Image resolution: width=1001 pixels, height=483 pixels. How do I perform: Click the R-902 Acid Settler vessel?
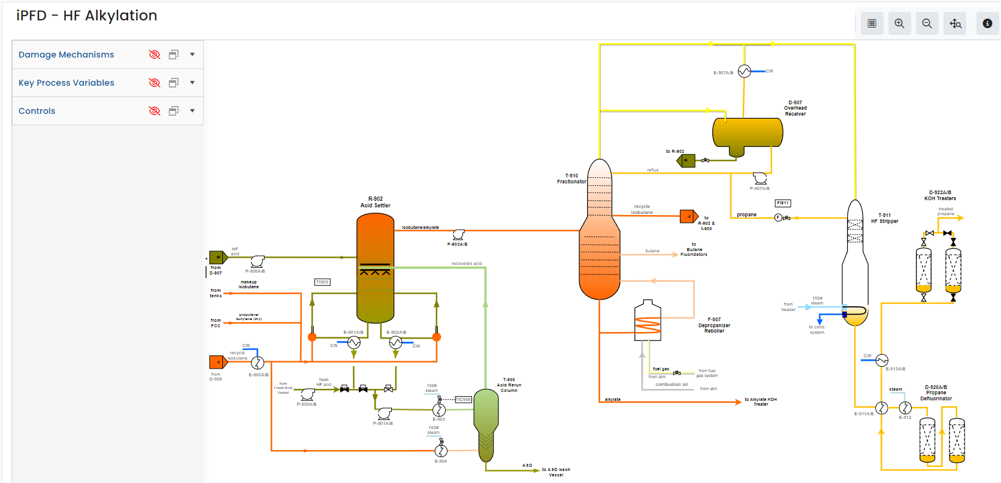[x=375, y=270]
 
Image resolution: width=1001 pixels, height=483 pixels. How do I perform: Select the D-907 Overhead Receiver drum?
[x=747, y=133]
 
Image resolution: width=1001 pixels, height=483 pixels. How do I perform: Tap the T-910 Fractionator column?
[x=599, y=234]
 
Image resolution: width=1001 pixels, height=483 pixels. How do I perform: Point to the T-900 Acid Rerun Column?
[x=486, y=422]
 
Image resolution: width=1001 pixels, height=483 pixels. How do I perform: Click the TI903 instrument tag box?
[x=322, y=282]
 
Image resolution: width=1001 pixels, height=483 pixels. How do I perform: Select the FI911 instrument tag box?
[x=782, y=203]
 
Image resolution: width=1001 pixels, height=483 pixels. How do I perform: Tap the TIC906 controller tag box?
[x=463, y=399]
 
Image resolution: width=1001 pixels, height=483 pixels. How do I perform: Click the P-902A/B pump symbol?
[x=458, y=234]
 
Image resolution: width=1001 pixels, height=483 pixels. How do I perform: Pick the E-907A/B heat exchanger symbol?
[x=744, y=71]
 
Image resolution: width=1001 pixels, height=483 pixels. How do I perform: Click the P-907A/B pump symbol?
[x=760, y=179]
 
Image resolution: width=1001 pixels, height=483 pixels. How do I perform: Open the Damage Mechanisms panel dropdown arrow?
[x=192, y=55]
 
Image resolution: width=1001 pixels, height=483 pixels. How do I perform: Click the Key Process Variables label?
[x=66, y=83]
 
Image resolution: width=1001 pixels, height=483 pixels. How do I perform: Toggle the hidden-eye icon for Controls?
[x=155, y=111]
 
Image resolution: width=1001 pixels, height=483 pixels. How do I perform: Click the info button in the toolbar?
[x=987, y=23]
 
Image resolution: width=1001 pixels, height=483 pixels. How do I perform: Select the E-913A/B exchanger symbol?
[x=882, y=360]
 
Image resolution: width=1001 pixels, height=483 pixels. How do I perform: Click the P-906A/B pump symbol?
[x=257, y=261]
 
